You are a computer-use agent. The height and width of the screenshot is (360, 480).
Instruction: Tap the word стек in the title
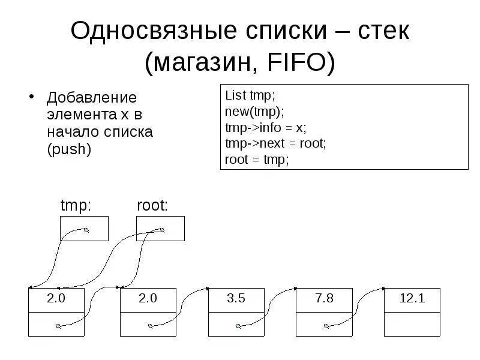coord(379,31)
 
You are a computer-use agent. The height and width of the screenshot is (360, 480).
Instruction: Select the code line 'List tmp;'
coord(249,96)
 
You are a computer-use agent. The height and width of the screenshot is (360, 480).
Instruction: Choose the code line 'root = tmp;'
coord(257,160)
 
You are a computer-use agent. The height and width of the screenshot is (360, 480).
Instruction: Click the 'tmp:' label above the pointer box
coord(76,206)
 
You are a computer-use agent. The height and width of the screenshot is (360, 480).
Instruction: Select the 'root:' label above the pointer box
coord(152,206)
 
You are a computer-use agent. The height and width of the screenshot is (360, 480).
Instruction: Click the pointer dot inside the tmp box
coord(86,230)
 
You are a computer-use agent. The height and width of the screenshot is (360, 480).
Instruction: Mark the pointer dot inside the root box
coord(161,229)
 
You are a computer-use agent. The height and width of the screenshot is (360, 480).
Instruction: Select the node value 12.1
coord(412,299)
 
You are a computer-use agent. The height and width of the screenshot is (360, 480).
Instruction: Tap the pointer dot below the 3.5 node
coord(238,326)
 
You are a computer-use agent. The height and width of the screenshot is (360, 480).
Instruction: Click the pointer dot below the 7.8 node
coord(326,326)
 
